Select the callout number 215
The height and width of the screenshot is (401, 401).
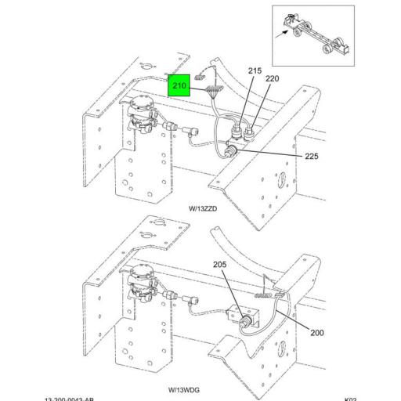coord(255,71)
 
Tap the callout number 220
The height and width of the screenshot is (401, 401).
coord(272,79)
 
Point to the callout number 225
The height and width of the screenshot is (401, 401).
coord(312,157)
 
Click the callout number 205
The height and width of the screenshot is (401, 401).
coord(219,265)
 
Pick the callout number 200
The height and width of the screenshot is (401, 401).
coord(316,333)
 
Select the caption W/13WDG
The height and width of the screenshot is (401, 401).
coord(184,389)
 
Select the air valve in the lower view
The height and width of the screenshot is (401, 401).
coord(143,282)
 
